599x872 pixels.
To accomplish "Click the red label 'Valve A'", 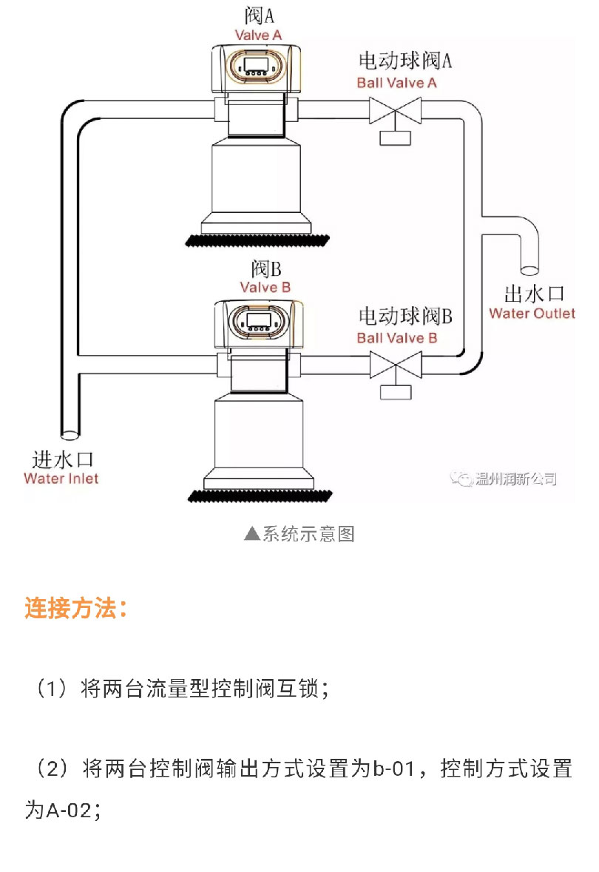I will click(258, 35).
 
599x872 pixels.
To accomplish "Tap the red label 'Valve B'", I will click(265, 287).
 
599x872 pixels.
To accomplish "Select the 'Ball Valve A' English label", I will click(396, 83).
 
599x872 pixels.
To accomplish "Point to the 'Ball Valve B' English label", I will click(396, 338).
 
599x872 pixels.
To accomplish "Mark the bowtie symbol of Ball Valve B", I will click(396, 365).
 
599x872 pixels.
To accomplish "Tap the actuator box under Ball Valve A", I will click(396, 138).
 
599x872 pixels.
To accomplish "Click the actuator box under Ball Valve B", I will click(396, 391).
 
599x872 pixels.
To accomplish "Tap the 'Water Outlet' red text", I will click(532, 313).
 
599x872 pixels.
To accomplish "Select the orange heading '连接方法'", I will click(75, 609).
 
